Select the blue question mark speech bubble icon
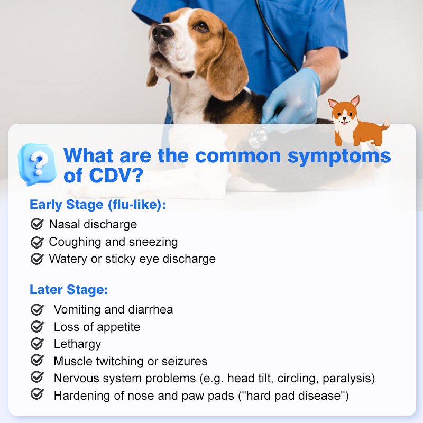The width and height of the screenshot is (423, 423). tap(37, 164)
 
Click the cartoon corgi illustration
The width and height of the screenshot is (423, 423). tap(358, 121)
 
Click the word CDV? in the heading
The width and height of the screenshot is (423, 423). tap(116, 176)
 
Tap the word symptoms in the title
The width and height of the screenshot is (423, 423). tap(339, 157)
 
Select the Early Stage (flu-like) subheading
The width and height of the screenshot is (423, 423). tap(98, 205)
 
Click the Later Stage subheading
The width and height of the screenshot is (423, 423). tap(69, 290)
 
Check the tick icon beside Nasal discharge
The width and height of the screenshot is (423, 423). tap(37, 224)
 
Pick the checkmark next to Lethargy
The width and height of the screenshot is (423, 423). tap(37, 343)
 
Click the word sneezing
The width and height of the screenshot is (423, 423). tap(153, 242)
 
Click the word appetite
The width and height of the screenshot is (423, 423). tap(118, 327)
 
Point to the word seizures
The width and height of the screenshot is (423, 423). tap(184, 361)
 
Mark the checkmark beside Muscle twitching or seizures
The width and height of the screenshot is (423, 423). tap(37, 360)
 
